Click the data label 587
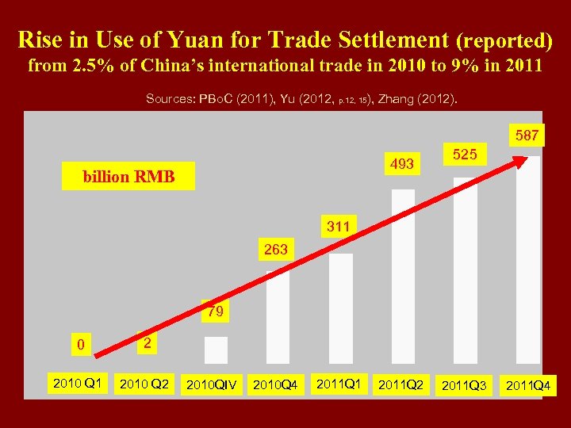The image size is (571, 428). [527, 136]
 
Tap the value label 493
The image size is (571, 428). [401, 163]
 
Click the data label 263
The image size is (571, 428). [276, 249]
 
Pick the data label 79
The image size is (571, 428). [215, 311]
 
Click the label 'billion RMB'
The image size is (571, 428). [128, 176]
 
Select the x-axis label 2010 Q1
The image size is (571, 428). [76, 384]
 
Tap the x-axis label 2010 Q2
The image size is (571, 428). [143, 385]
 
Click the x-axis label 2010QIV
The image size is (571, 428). [210, 386]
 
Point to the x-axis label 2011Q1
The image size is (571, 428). [339, 384]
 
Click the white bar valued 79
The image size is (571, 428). [216, 350]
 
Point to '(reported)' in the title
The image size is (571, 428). [503, 40]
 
